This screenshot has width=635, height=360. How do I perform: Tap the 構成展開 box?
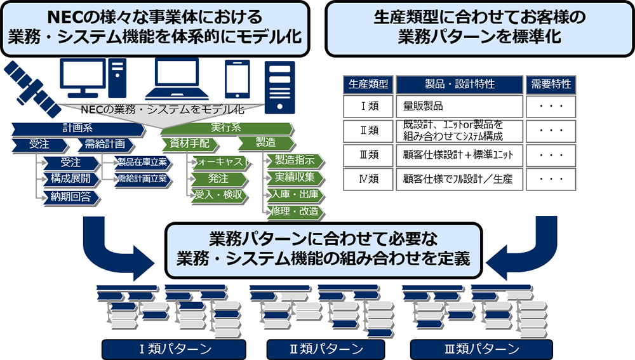pyautogui.click(x=70, y=180)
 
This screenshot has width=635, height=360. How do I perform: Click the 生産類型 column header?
pyautogui.click(x=369, y=84)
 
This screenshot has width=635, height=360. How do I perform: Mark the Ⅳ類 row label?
pyautogui.click(x=369, y=178)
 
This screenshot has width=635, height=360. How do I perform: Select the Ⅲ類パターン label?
pyautogui.click(x=481, y=349)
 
